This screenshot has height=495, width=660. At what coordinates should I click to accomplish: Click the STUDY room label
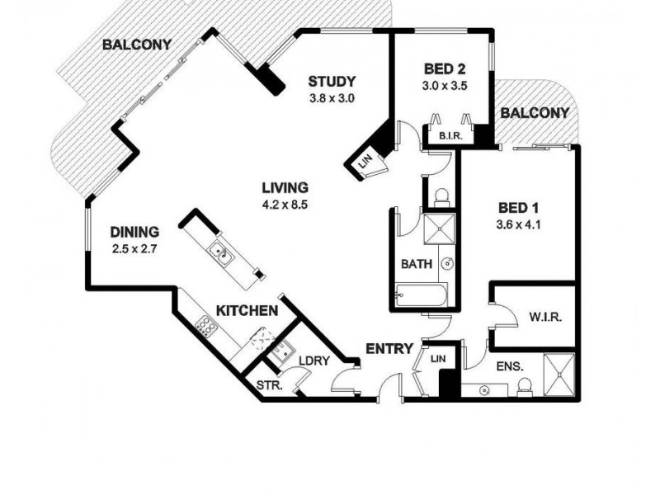coord(332,81)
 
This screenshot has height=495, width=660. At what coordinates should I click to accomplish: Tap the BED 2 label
coord(445,69)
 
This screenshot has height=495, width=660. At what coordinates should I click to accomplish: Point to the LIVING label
coord(285,187)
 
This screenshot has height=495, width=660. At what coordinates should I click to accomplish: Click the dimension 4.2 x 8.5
coord(285,204)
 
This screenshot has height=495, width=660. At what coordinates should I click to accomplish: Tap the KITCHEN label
coord(246,310)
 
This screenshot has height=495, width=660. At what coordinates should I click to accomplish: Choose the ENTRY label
coord(389,349)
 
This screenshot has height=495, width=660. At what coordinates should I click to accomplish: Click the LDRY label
coord(313,361)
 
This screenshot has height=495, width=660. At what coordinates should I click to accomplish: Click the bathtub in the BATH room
coord(419,295)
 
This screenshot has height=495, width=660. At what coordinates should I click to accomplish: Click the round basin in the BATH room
coord(446,265)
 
